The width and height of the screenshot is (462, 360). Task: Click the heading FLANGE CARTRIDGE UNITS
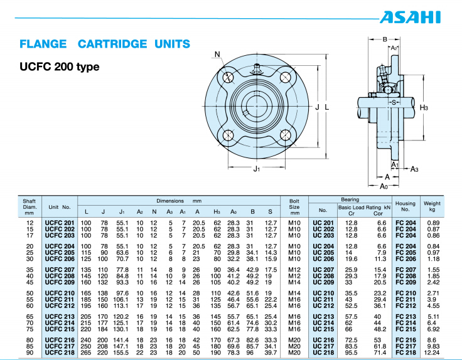click(x=105, y=44)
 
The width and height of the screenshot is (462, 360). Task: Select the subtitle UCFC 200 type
click(x=60, y=66)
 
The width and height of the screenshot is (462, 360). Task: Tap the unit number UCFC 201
click(x=59, y=223)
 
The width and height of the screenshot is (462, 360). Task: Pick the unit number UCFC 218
click(x=59, y=354)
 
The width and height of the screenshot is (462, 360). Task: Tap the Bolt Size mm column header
click(x=294, y=206)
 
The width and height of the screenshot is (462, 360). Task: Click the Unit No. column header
click(x=59, y=206)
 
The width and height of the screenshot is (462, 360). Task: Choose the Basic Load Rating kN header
click(x=364, y=206)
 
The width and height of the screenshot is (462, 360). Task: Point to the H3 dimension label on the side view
click(x=424, y=107)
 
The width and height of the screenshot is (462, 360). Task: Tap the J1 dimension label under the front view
click(x=256, y=168)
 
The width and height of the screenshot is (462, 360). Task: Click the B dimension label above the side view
click(x=385, y=39)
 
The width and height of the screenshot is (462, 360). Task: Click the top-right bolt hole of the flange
click(x=286, y=78)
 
